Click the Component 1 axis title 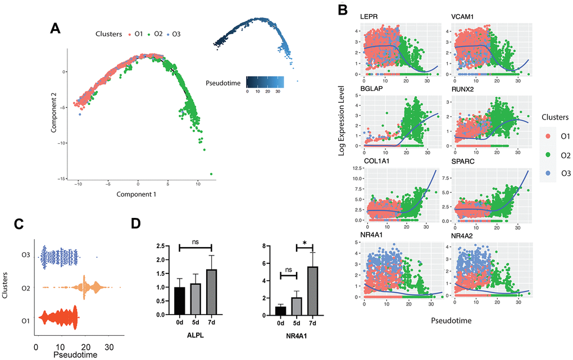(136, 195)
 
